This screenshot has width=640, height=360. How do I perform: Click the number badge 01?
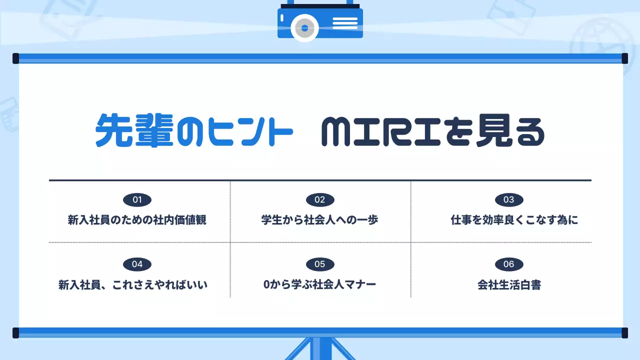[137, 200]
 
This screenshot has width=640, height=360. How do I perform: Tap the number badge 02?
[320, 200]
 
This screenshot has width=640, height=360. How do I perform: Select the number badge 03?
[509, 200]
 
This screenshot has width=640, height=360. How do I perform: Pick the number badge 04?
[137, 264]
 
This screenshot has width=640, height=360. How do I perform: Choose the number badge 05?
[320, 264]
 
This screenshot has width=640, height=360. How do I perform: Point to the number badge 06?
[509, 264]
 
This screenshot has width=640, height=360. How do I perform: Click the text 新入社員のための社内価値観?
[137, 220]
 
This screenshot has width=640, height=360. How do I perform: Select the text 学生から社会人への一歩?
[320, 220]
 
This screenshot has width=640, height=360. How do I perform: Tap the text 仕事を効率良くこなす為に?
[514, 220]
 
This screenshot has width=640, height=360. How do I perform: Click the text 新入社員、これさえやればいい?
[133, 285]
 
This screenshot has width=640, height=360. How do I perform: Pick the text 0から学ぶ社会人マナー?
[320, 285]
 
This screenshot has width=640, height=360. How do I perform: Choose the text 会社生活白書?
[509, 285]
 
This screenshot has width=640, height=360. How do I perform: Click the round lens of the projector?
[304, 28]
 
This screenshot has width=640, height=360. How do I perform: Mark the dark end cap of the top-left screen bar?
[15, 58]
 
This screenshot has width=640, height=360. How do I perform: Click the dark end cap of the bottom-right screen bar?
[624, 332]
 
